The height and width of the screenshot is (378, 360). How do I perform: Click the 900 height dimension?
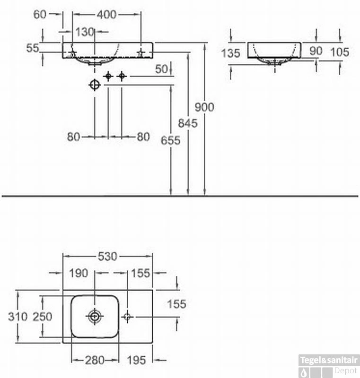(205, 107)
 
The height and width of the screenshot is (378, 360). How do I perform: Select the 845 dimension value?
(188, 123)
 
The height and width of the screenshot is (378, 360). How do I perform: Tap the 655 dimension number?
(171, 140)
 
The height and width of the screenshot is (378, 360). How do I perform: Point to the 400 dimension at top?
(106, 15)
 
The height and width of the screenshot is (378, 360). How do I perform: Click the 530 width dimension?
(107, 257)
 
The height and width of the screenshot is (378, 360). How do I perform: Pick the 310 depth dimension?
(18, 317)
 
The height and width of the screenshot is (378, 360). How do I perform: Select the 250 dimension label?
(42, 317)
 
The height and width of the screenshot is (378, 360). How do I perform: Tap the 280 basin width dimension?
(95, 361)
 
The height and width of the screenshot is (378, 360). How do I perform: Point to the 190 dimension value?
(79, 273)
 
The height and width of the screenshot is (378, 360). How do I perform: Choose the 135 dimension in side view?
(230, 53)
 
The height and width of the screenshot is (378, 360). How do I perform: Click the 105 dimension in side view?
(340, 52)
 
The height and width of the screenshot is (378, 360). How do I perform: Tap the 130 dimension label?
(85, 32)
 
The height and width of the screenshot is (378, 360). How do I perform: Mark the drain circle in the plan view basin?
(95, 316)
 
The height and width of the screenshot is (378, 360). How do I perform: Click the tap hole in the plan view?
(127, 316)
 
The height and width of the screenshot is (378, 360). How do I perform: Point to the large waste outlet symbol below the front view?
(95, 85)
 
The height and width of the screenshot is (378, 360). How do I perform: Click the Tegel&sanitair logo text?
(329, 361)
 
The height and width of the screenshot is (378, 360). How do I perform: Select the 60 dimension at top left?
(40, 15)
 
